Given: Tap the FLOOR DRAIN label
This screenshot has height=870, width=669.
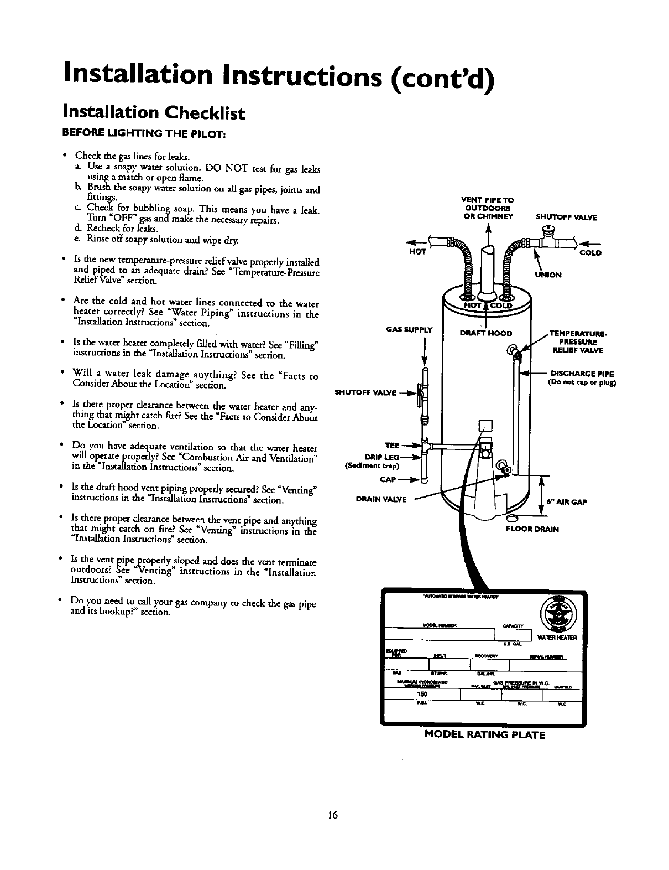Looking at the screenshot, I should click(533, 529).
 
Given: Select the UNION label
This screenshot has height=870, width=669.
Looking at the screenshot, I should click(548, 275).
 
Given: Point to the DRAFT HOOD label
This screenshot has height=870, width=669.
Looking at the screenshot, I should click(487, 333).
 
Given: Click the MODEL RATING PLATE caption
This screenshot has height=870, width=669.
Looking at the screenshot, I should click(484, 735).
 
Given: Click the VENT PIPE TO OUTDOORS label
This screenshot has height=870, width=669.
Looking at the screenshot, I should click(487, 208).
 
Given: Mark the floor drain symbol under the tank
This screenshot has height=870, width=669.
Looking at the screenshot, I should click(513, 518).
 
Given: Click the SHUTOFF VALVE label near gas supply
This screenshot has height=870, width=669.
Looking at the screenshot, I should click(366, 393).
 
